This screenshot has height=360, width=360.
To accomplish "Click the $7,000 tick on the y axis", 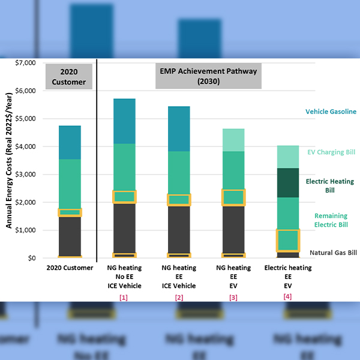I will pyautogui.click(x=25, y=63).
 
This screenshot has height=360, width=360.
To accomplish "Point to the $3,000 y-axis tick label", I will pyautogui.click(x=25, y=175).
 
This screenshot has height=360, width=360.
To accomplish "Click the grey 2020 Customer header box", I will pyautogui.click(x=70, y=76).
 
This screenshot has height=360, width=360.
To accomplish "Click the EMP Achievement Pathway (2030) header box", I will pyautogui.click(x=208, y=76).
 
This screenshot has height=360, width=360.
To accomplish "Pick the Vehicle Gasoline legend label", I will pyautogui.click(x=331, y=112).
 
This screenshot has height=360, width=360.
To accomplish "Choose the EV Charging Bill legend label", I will pyautogui.click(x=331, y=152).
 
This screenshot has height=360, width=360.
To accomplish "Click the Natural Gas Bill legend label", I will pyautogui.click(x=333, y=253).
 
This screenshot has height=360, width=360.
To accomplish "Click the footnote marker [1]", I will pyautogui.click(x=124, y=296).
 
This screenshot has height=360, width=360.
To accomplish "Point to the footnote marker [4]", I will pyautogui.click(x=287, y=296).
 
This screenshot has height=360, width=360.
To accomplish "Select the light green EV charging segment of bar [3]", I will pyautogui.click(x=233, y=140).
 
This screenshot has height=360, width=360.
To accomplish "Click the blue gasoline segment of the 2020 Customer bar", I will pyautogui.click(x=70, y=142).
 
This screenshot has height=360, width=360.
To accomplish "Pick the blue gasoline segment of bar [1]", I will pyautogui.click(x=124, y=121).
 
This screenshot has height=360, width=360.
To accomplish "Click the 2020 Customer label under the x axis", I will pyautogui.click(x=70, y=268).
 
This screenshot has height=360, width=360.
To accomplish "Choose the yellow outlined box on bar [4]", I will pyautogui.click(x=287, y=241).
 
